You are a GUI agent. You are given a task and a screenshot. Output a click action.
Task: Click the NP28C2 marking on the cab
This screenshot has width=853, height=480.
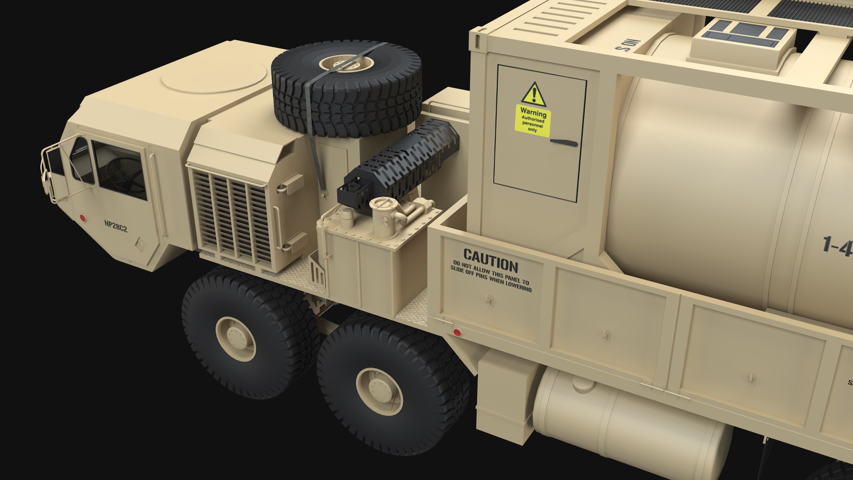click(116, 226)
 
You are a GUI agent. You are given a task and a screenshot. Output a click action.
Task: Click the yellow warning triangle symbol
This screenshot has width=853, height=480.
click(534, 94)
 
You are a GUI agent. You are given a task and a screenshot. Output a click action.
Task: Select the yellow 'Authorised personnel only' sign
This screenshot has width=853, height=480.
click(533, 120)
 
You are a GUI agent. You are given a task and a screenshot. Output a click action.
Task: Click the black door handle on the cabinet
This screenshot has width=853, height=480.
click(564, 143)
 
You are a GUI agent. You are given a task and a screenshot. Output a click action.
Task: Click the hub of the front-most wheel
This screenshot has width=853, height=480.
click(236, 339)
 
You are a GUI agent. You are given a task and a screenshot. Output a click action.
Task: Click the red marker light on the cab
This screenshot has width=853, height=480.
click(82, 218)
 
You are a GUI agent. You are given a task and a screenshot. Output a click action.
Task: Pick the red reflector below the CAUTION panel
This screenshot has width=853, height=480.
click(456, 332)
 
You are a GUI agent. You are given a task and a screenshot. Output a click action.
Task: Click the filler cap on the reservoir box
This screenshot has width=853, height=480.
click(384, 205)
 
